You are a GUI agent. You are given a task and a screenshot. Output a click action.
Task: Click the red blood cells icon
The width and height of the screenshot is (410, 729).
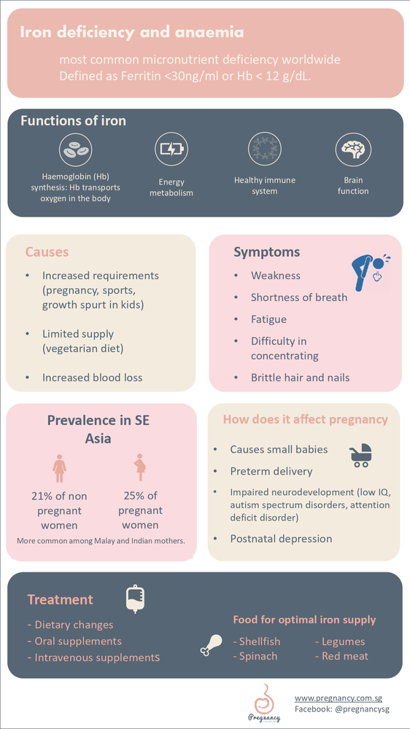pyautogui.click(x=76, y=149)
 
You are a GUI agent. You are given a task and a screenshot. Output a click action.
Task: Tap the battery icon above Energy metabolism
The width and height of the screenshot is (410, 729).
pyautogui.click(x=171, y=149)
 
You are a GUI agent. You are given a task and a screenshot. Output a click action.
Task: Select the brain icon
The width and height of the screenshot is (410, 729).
pyautogui.click(x=353, y=149)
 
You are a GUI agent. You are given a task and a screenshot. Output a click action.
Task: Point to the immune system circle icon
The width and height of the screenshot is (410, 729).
pyautogui.click(x=264, y=149)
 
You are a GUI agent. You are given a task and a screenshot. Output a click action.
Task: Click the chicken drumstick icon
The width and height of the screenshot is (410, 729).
pyautogui.click(x=211, y=644)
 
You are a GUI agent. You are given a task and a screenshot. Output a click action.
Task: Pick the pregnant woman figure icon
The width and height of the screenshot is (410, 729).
pyautogui.click(x=140, y=467)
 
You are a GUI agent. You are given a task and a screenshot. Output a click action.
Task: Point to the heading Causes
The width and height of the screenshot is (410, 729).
pyautogui.click(x=47, y=252)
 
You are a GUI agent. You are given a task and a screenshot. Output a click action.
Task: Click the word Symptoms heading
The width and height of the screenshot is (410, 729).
pyautogui.click(x=266, y=252)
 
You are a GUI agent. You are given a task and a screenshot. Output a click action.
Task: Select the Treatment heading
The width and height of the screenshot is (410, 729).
pyautogui.click(x=61, y=600)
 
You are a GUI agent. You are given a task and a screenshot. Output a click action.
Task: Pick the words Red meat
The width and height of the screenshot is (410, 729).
pyautogui.click(x=346, y=656)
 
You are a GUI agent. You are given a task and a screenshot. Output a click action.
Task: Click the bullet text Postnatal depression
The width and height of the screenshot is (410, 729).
pyautogui.click(x=281, y=539)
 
